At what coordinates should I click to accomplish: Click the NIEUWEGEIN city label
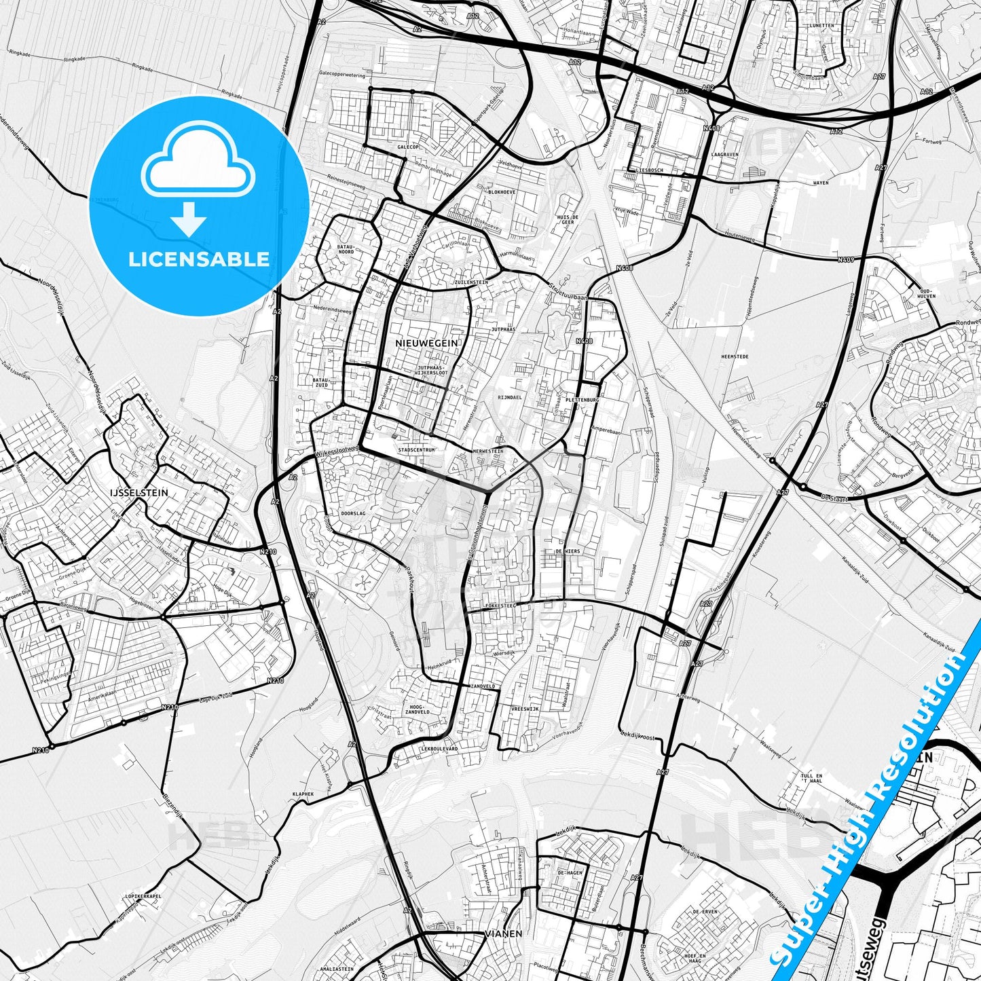tap(426, 344)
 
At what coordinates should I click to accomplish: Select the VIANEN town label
tap(504, 933)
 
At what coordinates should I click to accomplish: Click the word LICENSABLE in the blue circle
tap(199, 259)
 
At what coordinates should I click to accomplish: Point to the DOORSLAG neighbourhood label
tap(353, 514)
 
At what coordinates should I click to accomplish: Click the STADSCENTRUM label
tap(415, 450)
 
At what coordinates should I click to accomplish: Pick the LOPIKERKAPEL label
tap(143, 896)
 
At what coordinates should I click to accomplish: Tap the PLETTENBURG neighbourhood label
tap(582, 401)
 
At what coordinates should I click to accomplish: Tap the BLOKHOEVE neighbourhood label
tap(502, 192)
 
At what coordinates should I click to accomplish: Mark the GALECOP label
tap(408, 147)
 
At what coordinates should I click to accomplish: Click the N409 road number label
tap(845, 259)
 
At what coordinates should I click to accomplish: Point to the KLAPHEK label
tap(303, 793)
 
